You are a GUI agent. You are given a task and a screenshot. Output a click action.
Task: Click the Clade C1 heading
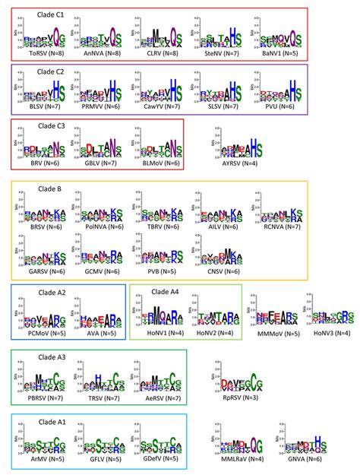click(52, 13)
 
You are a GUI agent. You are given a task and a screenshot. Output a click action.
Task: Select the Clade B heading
click(48, 185)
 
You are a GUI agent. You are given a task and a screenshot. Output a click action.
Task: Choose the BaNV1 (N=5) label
click(283, 55)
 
